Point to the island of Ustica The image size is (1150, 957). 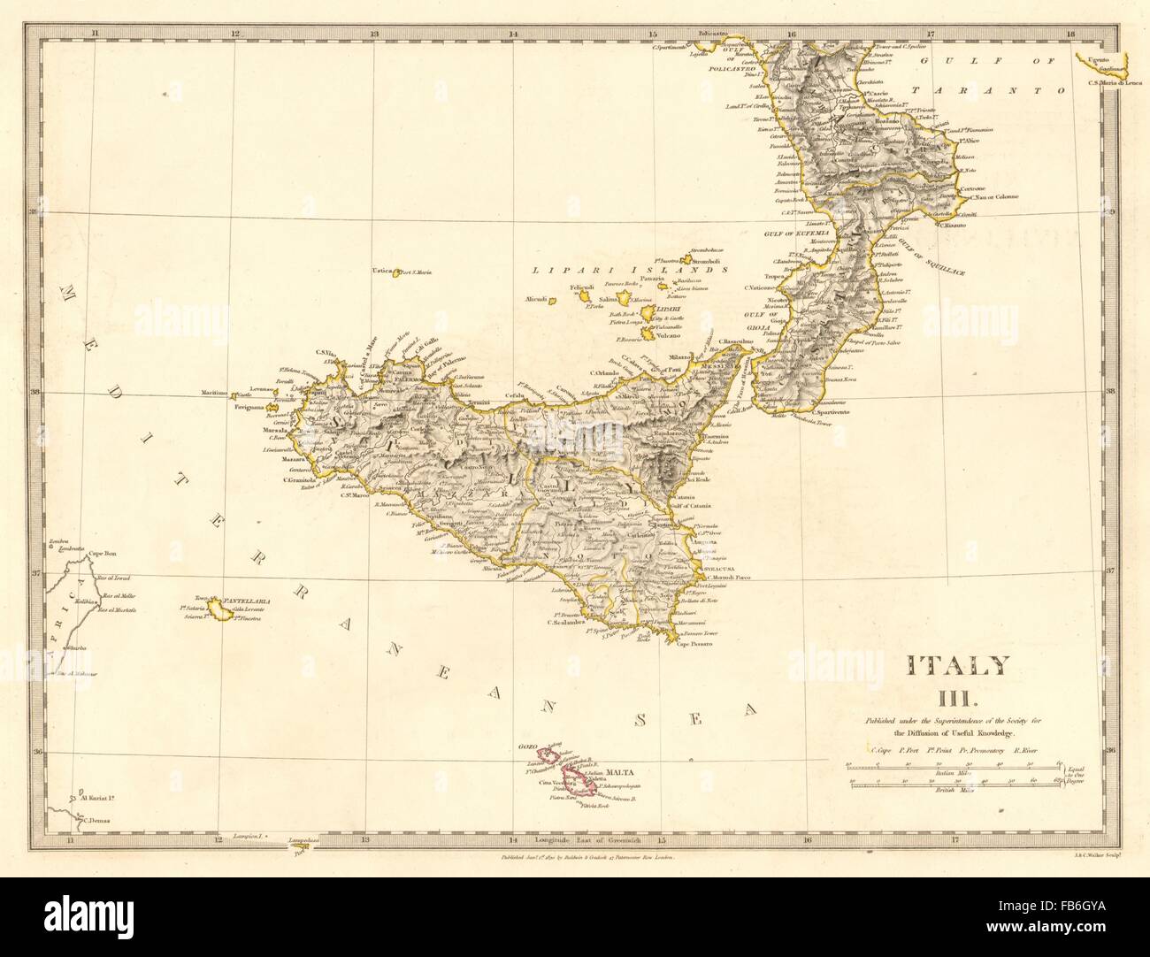(398, 272)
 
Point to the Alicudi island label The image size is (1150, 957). (537, 299)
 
